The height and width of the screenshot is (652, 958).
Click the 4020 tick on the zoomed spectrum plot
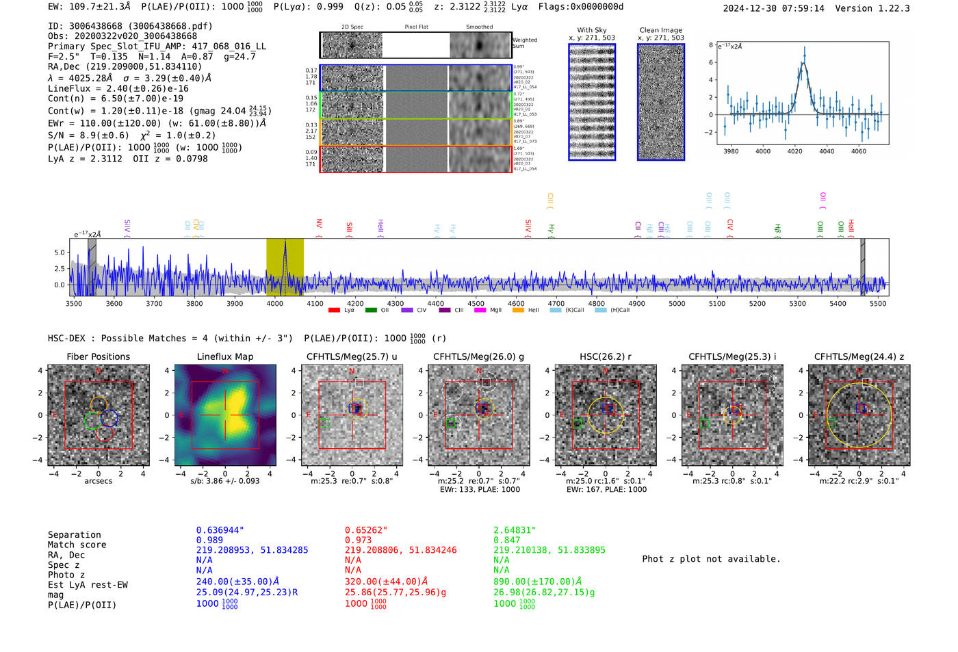(x=794, y=151)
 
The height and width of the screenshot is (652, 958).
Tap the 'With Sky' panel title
(x=592, y=30)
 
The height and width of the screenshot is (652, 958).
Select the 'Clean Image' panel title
(x=660, y=30)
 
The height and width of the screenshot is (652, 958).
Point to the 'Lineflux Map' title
(x=224, y=356)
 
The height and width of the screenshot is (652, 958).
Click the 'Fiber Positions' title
(x=98, y=356)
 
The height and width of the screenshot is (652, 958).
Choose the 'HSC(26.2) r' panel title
(x=605, y=356)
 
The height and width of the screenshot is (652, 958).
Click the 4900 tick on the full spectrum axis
(x=636, y=303)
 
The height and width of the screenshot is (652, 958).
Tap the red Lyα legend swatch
(x=334, y=311)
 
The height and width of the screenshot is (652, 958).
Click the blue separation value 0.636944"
(x=220, y=530)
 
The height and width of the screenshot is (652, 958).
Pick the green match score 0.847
(x=507, y=540)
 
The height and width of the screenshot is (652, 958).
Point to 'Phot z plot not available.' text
(x=711, y=559)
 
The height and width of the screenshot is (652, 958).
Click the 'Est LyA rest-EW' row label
(x=88, y=585)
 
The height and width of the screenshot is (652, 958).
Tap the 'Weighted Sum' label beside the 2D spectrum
(x=524, y=42)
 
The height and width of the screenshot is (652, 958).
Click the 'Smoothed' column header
(x=479, y=27)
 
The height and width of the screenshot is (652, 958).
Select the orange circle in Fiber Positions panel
(x=99, y=404)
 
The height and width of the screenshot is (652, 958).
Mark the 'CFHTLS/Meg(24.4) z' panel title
(x=859, y=356)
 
